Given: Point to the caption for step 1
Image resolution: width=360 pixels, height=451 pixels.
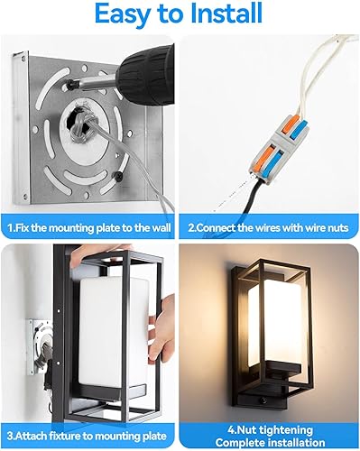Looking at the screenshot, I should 90,228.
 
